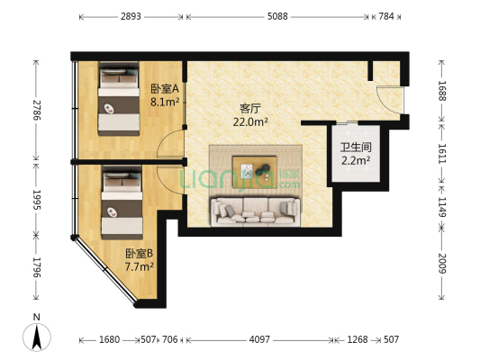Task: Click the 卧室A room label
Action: (165, 89)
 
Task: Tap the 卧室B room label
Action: (140, 253)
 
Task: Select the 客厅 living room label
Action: (250, 109)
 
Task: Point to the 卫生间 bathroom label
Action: (356, 148)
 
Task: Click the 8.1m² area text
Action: (165, 102)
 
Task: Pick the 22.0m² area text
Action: (250, 122)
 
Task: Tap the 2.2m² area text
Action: (356, 160)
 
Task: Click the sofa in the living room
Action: (256, 211)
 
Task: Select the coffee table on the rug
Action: (255, 172)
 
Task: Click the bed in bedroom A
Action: (119, 98)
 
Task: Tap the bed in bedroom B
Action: (122, 202)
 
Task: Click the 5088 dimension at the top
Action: (277, 16)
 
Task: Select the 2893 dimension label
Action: (131, 16)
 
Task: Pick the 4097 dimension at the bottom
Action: (259, 339)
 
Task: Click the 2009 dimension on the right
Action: (441, 264)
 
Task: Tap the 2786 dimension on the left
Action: (36, 110)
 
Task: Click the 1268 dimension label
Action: (358, 339)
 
